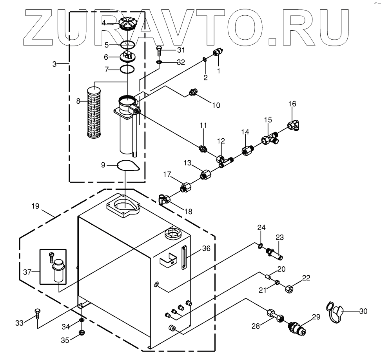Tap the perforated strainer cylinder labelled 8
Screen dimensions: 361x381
pyautogui.click(x=96, y=112)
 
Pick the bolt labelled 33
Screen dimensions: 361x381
pyautogui.click(x=37, y=315)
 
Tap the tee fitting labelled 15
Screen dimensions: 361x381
pyautogui.click(x=270, y=139)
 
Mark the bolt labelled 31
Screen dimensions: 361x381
pyautogui.click(x=158, y=50)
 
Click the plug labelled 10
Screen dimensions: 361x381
pyautogui.click(x=192, y=93)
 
